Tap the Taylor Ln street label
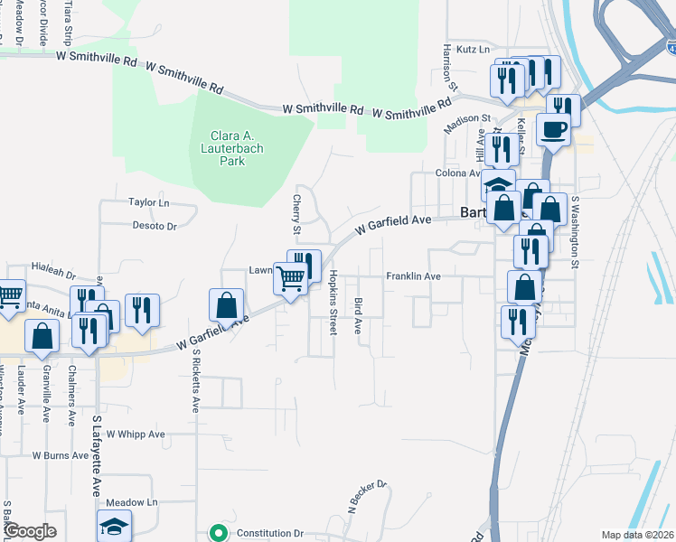(149, 203)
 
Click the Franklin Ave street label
(413, 276)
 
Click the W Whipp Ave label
(136, 434)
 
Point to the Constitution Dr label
(269, 534)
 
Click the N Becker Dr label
(368, 495)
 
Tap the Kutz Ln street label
(472, 49)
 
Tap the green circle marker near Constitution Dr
(218, 533)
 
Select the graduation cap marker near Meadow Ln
(115, 527)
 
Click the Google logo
(30, 531)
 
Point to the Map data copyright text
(638, 535)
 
